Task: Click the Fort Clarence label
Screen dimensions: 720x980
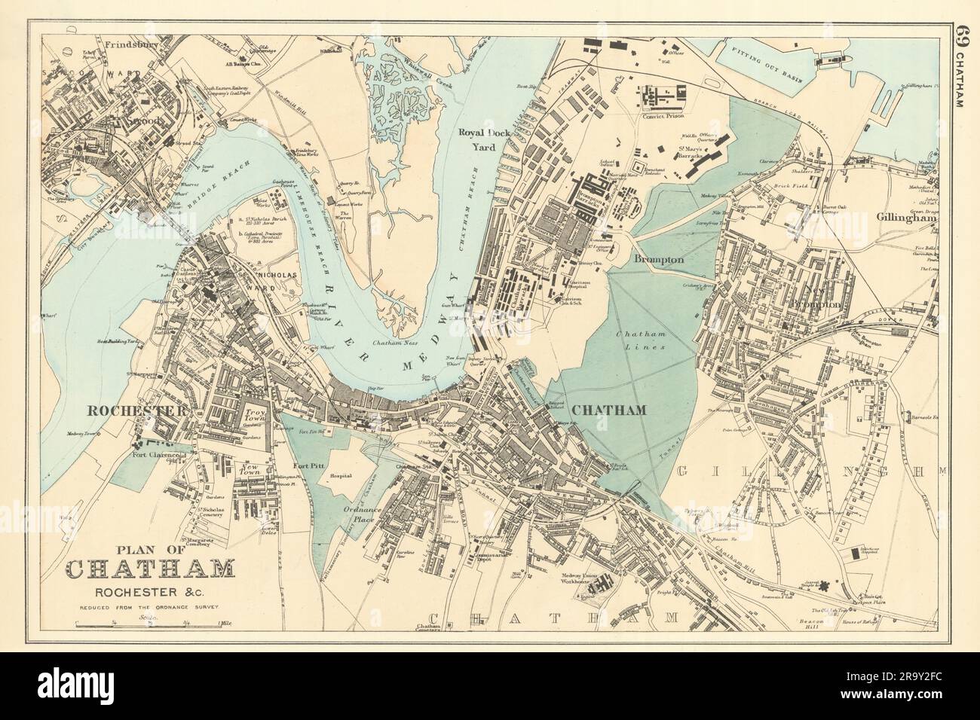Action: pos(156,455)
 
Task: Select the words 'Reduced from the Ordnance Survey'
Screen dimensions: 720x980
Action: pos(149,606)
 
